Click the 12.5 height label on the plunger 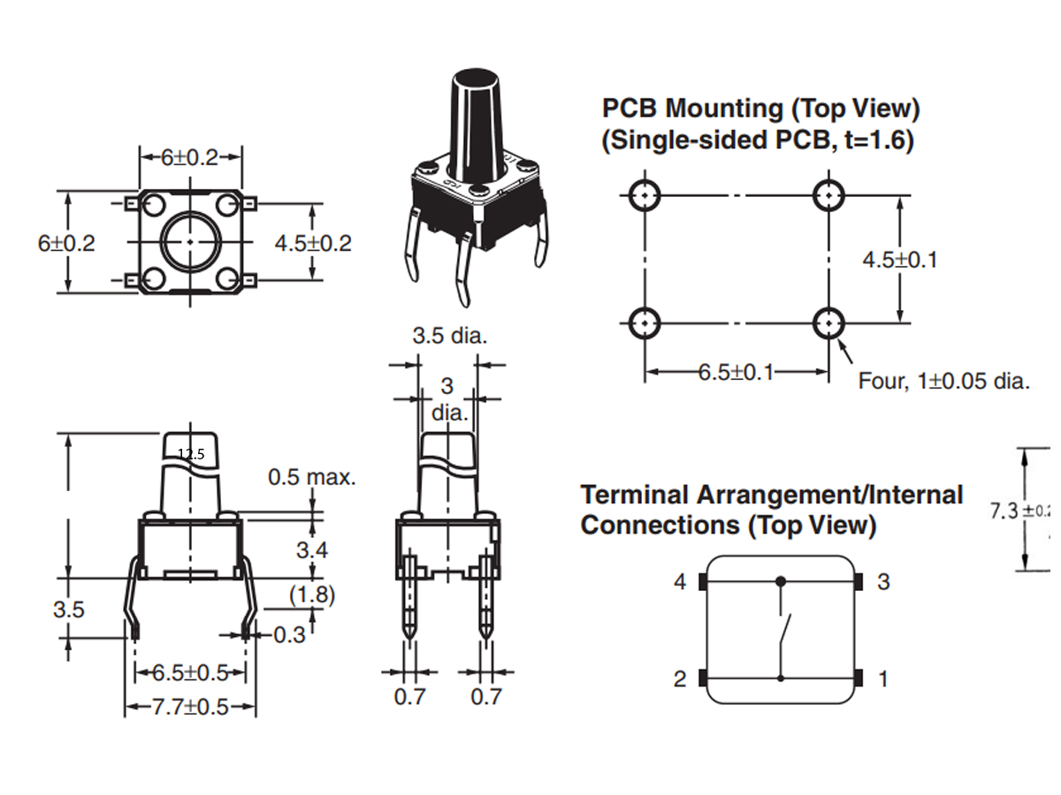pyautogui.click(x=191, y=454)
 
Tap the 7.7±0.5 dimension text pyautogui.click(x=189, y=708)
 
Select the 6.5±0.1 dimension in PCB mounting pyautogui.click(x=736, y=372)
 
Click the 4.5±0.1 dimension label pyautogui.click(x=899, y=260)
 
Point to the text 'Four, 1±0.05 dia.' pyautogui.click(x=943, y=382)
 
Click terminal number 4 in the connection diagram pyautogui.click(x=679, y=582)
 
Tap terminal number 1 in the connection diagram pyautogui.click(x=882, y=679)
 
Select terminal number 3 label pyautogui.click(x=882, y=582)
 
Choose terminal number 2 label pyautogui.click(x=679, y=679)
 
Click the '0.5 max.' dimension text pyautogui.click(x=312, y=478)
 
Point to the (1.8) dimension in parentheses pyautogui.click(x=312, y=595)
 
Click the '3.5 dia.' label pyautogui.click(x=450, y=337)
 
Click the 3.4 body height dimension pyautogui.click(x=311, y=550)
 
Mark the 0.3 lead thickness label pyautogui.click(x=288, y=634)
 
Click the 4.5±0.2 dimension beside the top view pyautogui.click(x=313, y=243)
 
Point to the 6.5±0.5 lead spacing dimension pyautogui.click(x=190, y=673)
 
